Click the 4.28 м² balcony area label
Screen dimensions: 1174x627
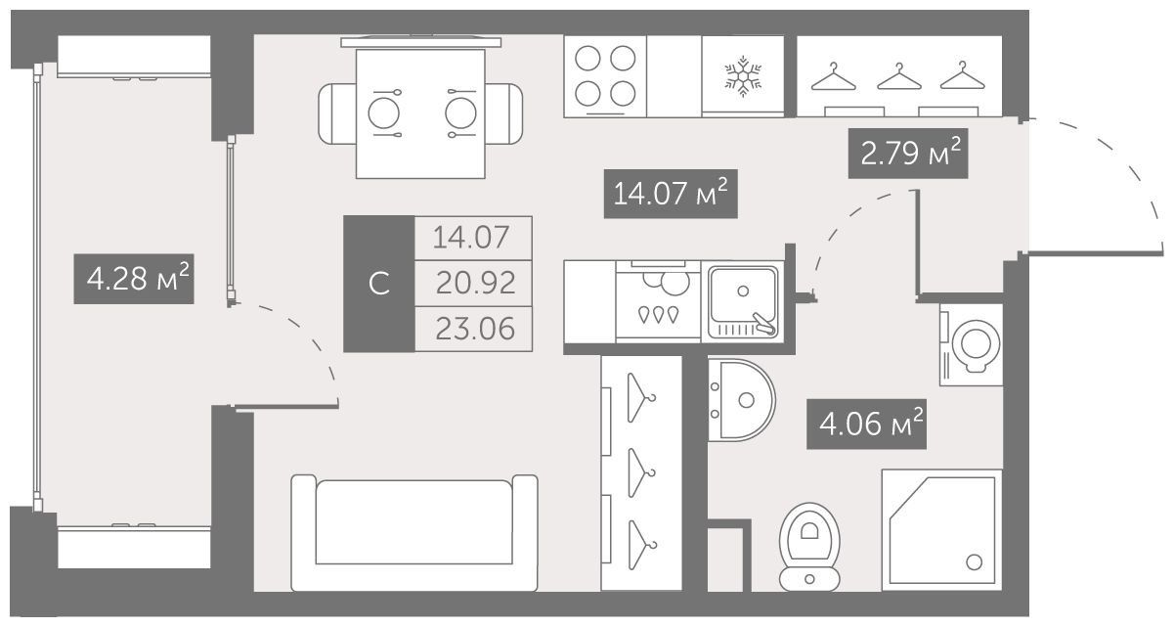134,279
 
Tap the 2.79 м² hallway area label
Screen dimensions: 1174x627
908,154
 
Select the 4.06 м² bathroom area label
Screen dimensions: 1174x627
866,425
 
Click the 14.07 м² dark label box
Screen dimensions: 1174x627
671,194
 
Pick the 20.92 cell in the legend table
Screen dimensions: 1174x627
474,283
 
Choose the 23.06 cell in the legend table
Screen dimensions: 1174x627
474,329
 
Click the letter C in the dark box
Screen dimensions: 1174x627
379,284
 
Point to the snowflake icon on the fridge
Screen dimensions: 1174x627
743,76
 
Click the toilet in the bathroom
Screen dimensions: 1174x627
809,547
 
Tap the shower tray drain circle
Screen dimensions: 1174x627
974,562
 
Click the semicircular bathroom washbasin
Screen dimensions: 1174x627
742,400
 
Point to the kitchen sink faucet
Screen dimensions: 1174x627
763,324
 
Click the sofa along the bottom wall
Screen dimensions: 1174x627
414,533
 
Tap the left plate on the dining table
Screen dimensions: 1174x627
383,113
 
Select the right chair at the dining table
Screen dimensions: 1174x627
503,113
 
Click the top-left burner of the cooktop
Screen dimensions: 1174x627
587,58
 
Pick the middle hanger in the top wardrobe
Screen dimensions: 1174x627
899,77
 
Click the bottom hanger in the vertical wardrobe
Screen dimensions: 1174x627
641,545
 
